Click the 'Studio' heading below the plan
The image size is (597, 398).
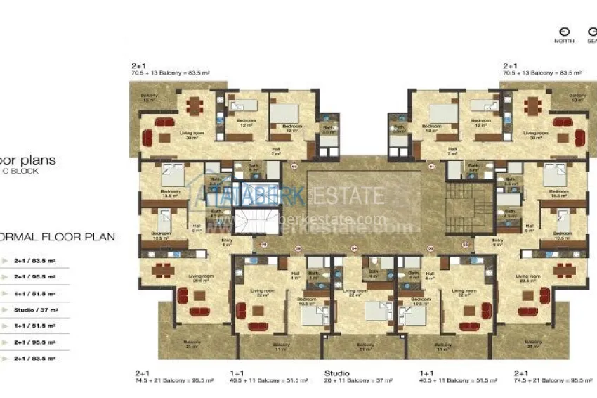336,373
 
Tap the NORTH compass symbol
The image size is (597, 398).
563,32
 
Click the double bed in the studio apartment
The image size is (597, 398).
376,312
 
